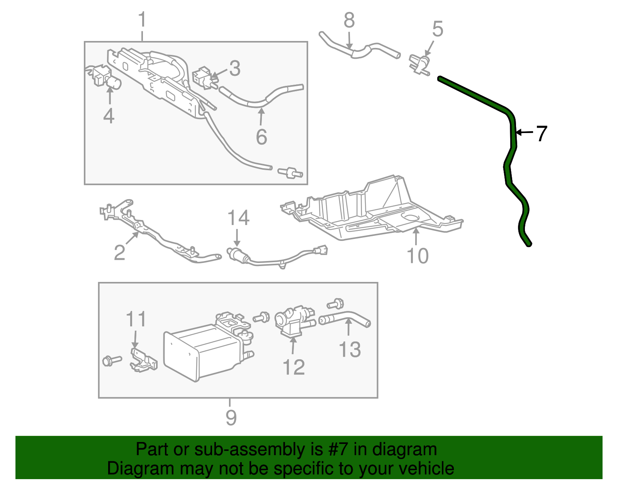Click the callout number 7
(x=542, y=134)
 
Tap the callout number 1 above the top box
(x=142, y=20)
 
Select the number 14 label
(x=238, y=218)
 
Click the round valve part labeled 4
(x=114, y=83)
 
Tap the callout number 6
(x=261, y=137)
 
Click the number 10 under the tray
(x=418, y=256)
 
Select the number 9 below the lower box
(x=231, y=418)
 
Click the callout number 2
(x=119, y=253)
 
